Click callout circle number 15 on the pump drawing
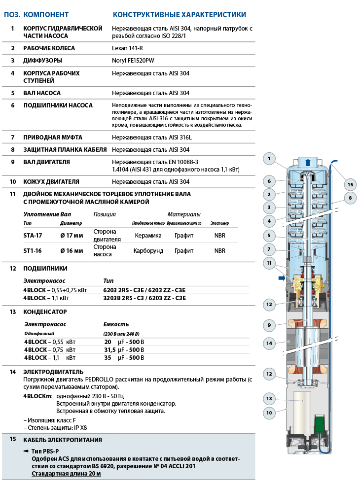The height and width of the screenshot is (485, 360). pyautogui.click(x=350, y=185)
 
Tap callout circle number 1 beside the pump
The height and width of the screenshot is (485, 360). pyautogui.click(x=269, y=159)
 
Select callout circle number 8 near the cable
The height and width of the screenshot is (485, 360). pyautogui.click(x=350, y=198)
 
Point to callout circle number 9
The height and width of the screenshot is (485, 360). pyautogui.click(x=269, y=325)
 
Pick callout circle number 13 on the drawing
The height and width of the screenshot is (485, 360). pyautogui.click(x=269, y=399)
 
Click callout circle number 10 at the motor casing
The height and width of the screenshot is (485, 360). pyautogui.click(x=269, y=413)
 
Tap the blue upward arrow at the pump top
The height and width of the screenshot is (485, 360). pyautogui.click(x=308, y=162)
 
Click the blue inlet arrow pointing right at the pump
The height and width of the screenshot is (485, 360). pyautogui.click(x=282, y=278)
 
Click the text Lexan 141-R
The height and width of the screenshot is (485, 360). pyautogui.click(x=127, y=48)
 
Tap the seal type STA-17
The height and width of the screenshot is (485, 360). pyautogui.click(x=33, y=236)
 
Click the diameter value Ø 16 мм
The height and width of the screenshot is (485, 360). pyautogui.click(x=72, y=251)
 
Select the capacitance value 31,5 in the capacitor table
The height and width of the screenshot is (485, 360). pyautogui.click(x=109, y=350)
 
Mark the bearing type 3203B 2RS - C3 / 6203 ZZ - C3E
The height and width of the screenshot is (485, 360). pyautogui.click(x=144, y=298)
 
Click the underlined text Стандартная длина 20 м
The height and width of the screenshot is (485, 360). pyautogui.click(x=66, y=474)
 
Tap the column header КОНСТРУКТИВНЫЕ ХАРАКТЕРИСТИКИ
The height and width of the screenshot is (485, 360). pyautogui.click(x=180, y=15)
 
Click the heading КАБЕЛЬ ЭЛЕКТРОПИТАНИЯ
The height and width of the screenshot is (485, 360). pyautogui.click(x=63, y=440)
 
